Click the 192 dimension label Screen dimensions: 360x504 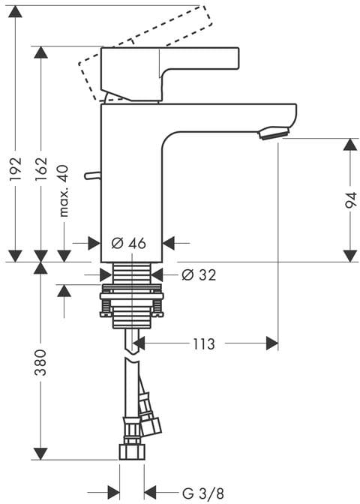click(16, 169)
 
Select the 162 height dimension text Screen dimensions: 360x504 click(41, 169)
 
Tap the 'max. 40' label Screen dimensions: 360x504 click(64, 191)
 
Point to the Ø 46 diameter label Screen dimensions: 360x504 click(128, 243)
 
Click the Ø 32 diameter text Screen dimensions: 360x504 click(199, 274)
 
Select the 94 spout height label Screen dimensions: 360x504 click(351, 200)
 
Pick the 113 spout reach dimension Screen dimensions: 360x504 click(204, 344)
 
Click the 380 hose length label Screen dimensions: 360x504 click(40, 362)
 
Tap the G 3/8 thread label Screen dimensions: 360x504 click(202, 493)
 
